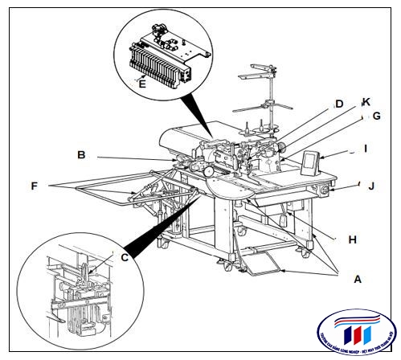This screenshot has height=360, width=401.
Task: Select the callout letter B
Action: pyautogui.click(x=81, y=154)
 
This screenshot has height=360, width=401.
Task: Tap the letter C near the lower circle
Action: pyautogui.click(x=125, y=257)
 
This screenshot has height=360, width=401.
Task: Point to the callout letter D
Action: pyautogui.click(x=339, y=104)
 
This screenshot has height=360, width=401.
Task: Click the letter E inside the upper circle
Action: pyautogui.click(x=141, y=82)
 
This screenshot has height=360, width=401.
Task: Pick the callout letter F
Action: pyautogui.click(x=34, y=186)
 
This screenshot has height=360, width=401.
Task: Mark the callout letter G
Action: pyautogui.click(x=375, y=116)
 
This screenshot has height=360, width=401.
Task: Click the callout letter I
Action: pyautogui.click(x=365, y=149)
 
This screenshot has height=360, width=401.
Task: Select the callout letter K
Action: pyautogui.click(x=366, y=102)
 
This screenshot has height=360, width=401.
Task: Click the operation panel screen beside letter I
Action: pyautogui.click(x=309, y=165)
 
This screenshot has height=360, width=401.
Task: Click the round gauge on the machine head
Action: pyautogui.click(x=209, y=171)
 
